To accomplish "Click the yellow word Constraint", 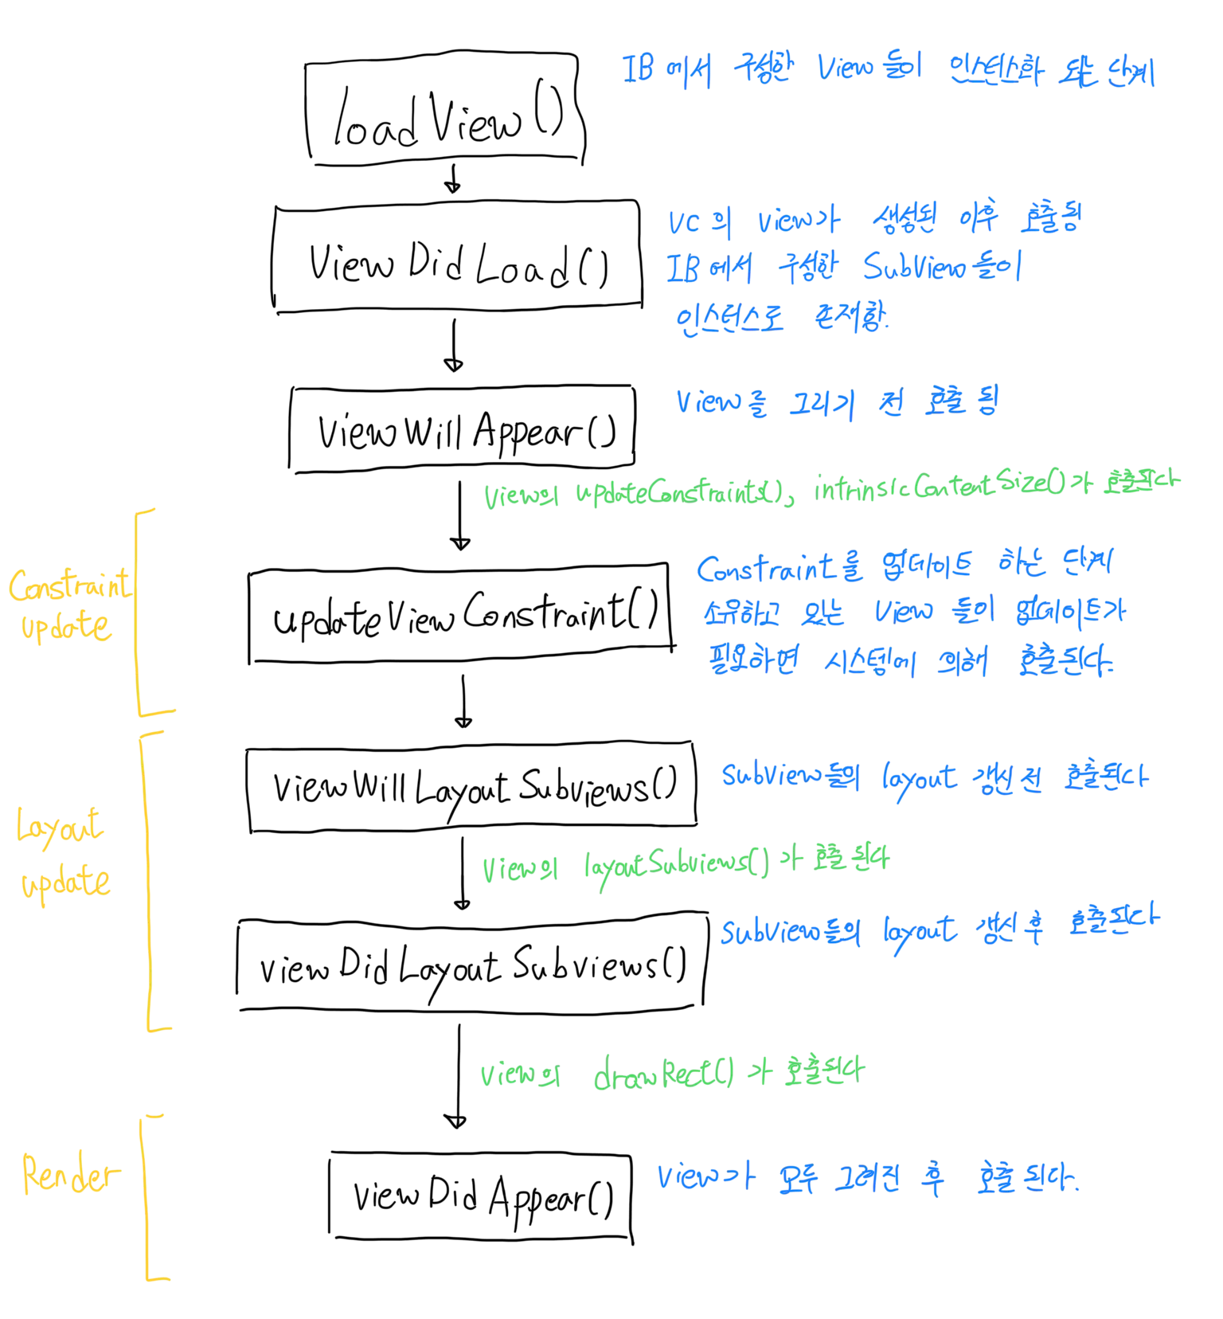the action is pyautogui.click(x=70, y=588).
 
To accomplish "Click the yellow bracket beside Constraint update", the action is pyautogui.click(x=140, y=609).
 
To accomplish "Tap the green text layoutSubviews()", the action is pyautogui.click(x=677, y=863).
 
